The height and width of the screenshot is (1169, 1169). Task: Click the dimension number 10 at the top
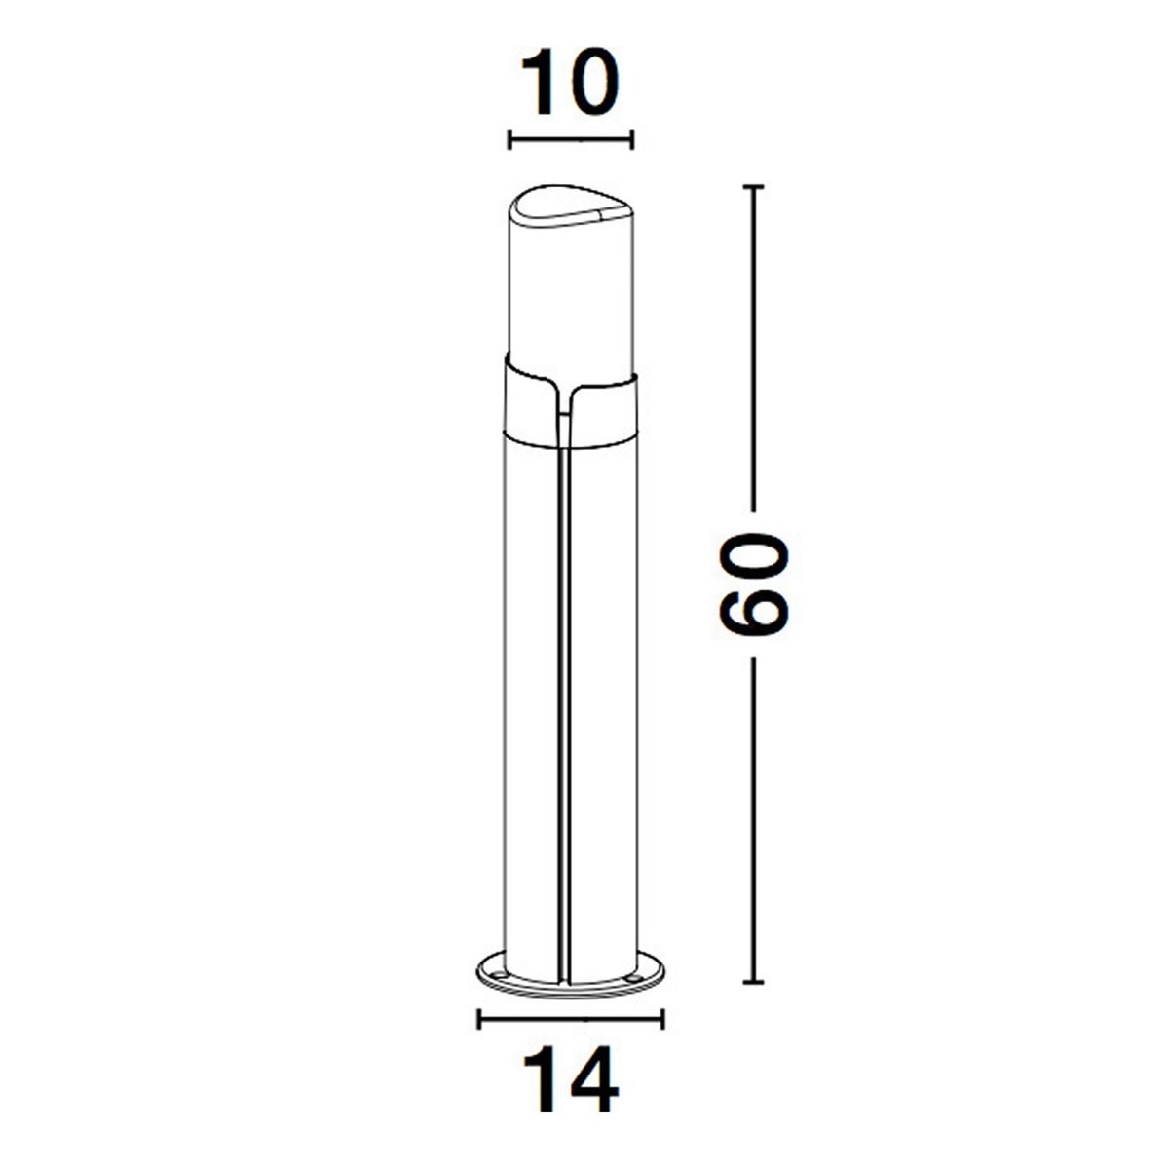pos(570,83)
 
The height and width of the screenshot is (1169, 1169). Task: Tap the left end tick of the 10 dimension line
pos(509,139)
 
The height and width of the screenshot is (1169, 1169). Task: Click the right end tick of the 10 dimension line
pos(632,139)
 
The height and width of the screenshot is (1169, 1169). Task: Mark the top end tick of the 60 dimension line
pos(753,186)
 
